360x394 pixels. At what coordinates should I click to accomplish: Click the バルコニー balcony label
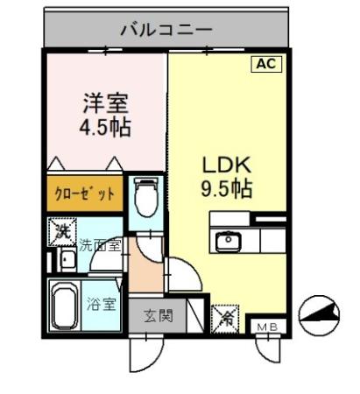(166, 30)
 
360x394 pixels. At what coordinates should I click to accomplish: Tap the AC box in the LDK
(267, 64)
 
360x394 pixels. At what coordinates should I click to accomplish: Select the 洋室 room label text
(106, 102)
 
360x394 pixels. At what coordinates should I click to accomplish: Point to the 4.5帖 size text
(104, 129)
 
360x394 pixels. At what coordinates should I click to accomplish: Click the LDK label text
(228, 164)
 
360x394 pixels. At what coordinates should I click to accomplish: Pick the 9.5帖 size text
(228, 188)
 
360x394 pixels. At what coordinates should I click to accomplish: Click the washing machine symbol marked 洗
(61, 232)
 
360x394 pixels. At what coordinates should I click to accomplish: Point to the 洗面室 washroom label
(102, 248)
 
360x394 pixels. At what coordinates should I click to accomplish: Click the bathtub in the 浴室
(63, 306)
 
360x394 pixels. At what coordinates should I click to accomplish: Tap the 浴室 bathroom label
(102, 305)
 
